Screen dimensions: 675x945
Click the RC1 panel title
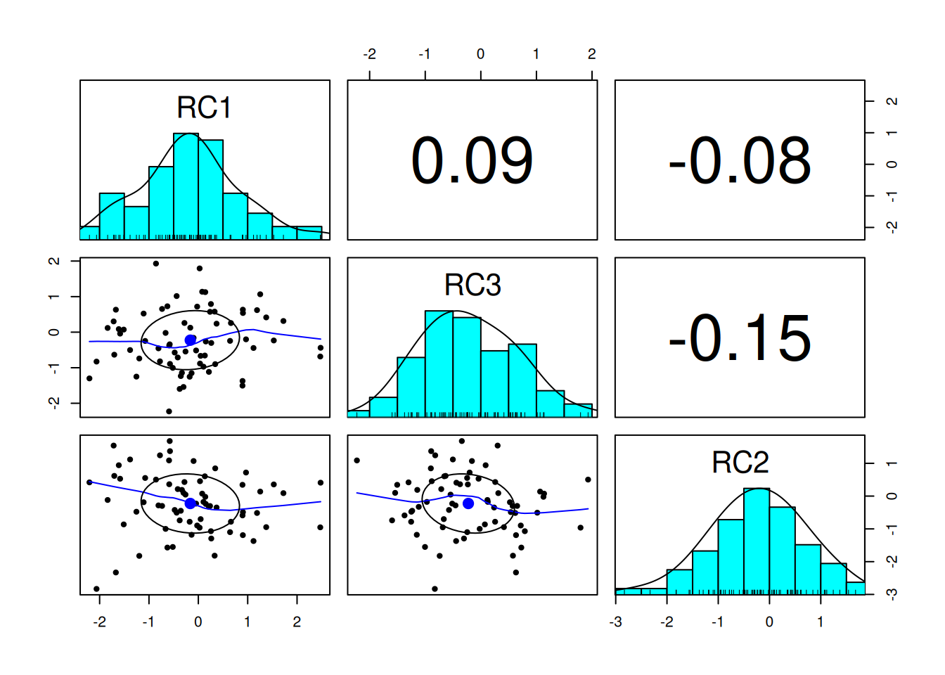click(204, 108)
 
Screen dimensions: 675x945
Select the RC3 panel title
click(472, 285)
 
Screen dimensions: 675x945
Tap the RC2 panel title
click(740, 463)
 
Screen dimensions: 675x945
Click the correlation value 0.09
click(472, 161)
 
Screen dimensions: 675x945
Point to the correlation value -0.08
click(740, 161)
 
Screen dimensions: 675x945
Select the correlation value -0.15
click(740, 338)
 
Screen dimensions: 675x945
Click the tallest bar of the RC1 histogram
click(186, 186)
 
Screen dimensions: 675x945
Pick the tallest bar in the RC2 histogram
click(757, 541)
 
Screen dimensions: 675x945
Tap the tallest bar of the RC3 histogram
click(439, 364)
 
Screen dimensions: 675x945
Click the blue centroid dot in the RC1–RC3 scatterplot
click(191, 340)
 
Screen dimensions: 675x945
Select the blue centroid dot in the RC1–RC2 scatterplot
click(191, 503)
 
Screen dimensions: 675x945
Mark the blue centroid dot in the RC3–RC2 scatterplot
click(468, 503)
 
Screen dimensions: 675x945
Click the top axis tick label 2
click(592, 54)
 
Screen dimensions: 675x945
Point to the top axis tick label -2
click(369, 54)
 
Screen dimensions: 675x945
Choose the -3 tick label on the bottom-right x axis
click(615, 622)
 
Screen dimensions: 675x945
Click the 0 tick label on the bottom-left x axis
click(198, 622)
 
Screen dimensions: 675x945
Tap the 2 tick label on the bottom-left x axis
click(297, 622)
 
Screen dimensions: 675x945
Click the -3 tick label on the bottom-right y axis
click(892, 595)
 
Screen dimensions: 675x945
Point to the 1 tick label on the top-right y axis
click(892, 133)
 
